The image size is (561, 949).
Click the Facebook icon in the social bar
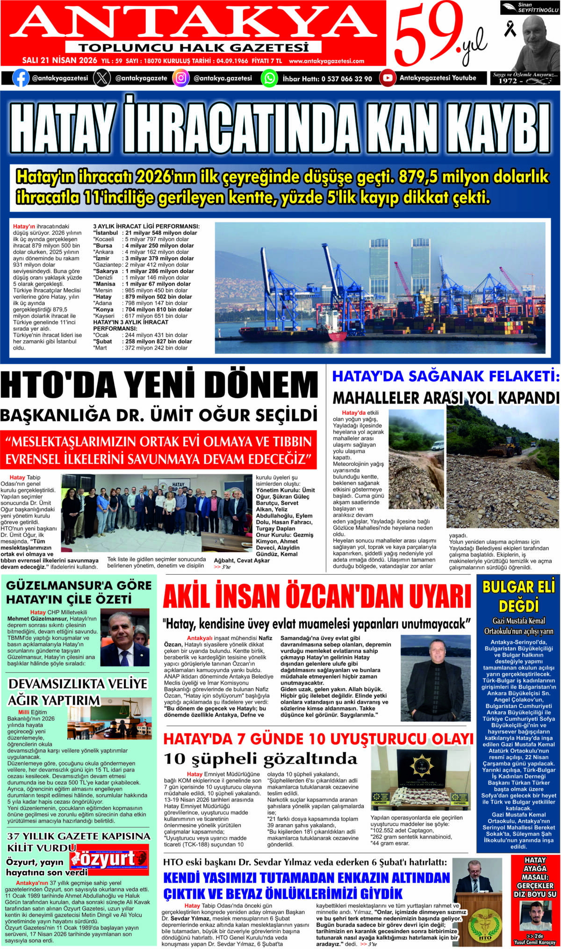(x=20, y=78)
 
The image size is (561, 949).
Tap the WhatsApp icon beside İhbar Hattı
(x=269, y=78)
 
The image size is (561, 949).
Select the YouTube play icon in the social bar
(x=387, y=78)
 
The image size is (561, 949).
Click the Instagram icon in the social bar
(x=181, y=78)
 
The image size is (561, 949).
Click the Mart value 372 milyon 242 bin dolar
(x=156, y=348)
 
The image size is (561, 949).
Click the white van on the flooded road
(x=437, y=445)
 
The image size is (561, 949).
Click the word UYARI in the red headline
(x=432, y=597)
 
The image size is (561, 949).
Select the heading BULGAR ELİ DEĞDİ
(x=518, y=595)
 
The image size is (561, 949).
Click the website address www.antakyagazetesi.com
(x=326, y=61)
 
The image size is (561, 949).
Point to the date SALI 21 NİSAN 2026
(x=59, y=61)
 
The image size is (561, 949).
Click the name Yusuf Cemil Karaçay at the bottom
(x=535, y=942)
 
